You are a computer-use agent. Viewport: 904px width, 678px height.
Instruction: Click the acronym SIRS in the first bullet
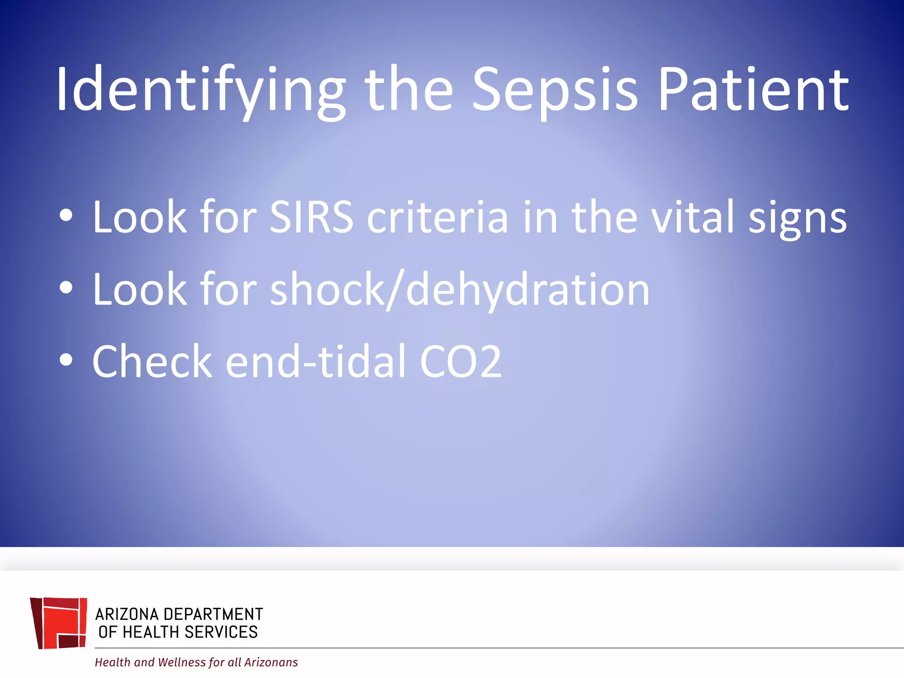click(x=312, y=217)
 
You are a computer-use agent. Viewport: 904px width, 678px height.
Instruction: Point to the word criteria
click(x=437, y=217)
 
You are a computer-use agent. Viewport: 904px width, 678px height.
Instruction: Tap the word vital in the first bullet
click(x=693, y=217)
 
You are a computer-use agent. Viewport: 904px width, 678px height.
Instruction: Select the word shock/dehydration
click(x=460, y=290)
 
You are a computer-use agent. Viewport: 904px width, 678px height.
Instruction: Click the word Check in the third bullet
click(x=152, y=362)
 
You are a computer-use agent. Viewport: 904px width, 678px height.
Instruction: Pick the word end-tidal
click(x=316, y=362)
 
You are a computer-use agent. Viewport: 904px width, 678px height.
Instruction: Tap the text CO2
click(x=461, y=362)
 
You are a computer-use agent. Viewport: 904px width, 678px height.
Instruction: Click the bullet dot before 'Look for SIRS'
click(x=66, y=215)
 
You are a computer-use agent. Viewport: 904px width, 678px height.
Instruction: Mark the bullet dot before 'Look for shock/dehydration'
click(x=66, y=288)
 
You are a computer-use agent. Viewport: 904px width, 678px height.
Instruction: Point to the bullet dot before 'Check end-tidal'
click(x=66, y=360)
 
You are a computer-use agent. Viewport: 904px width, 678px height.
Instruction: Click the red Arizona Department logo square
click(x=59, y=623)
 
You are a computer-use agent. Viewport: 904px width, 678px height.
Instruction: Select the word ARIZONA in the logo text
click(x=127, y=614)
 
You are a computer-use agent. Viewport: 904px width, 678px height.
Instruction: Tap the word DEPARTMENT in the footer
click(x=213, y=614)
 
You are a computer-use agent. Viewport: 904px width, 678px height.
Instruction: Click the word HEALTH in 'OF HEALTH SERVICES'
click(x=151, y=632)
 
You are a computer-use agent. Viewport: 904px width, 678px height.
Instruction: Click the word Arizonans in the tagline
click(x=271, y=662)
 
